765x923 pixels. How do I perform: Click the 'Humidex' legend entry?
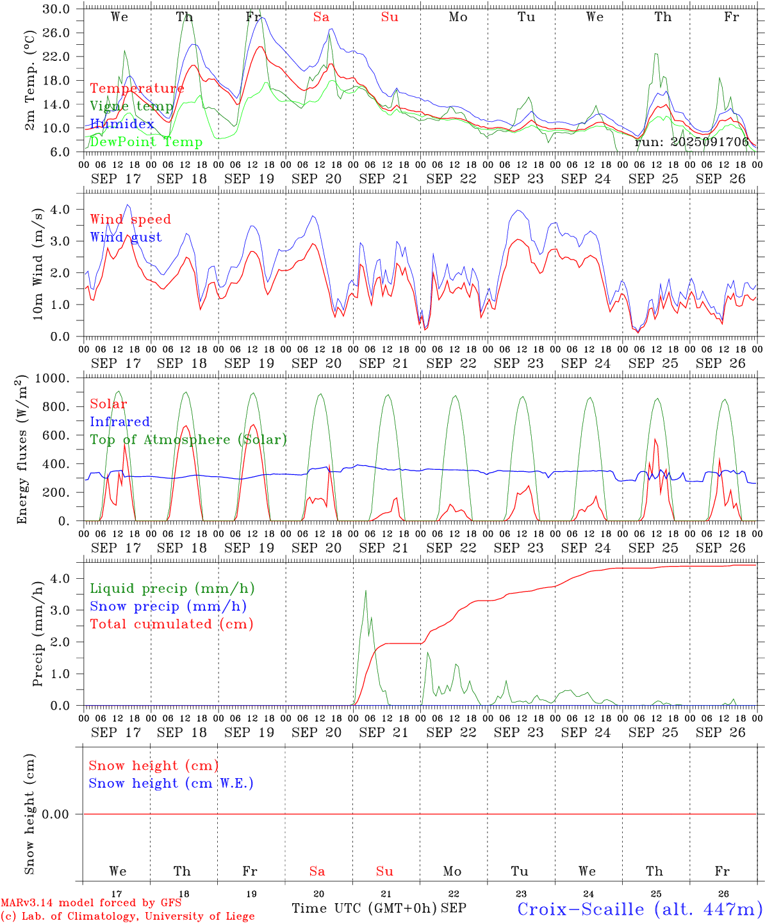coord(122,124)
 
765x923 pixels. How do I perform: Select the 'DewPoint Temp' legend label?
coord(146,142)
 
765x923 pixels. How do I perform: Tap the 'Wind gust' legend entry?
coord(126,237)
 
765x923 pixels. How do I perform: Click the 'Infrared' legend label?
coord(120,422)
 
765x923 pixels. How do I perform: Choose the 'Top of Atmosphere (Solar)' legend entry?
coord(188,440)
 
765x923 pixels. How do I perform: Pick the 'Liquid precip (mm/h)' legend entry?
coord(172,588)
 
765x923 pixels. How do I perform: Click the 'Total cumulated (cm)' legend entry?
coord(172,624)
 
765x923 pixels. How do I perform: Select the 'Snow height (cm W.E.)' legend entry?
coord(171,783)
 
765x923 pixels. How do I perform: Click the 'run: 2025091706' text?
coord(691,142)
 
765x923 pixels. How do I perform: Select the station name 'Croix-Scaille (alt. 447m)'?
coord(639,909)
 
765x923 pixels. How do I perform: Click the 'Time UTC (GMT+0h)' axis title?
coord(364,908)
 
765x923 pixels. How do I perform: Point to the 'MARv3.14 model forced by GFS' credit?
coord(91,902)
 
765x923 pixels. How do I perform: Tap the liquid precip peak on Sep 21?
coord(366,591)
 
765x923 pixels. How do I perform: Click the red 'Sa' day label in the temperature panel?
coord(321,17)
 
